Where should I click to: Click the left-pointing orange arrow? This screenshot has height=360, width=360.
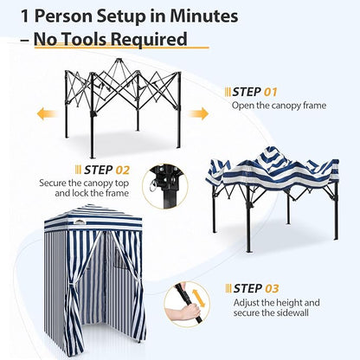click(x=46, y=113)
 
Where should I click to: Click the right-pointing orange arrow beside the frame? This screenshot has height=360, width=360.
click(x=199, y=113)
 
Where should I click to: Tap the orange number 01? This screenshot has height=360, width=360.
click(x=270, y=92)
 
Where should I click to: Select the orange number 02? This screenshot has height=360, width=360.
click(x=123, y=170)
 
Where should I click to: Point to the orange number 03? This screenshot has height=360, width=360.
click(x=272, y=288)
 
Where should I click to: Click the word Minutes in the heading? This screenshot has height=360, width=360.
click(x=203, y=16)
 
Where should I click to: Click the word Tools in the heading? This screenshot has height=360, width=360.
click(x=84, y=39)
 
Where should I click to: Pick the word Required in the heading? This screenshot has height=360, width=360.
click(x=149, y=40)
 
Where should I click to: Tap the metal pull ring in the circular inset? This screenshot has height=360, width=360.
click(x=153, y=185)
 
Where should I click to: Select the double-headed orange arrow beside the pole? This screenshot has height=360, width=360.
click(x=198, y=299)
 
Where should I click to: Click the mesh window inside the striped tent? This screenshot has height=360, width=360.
click(x=120, y=260)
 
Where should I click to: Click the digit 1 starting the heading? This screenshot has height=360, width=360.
click(x=25, y=16)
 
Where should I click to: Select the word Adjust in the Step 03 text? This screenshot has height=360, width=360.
click(x=247, y=303)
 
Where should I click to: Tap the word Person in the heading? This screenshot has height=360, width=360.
click(x=64, y=16)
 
